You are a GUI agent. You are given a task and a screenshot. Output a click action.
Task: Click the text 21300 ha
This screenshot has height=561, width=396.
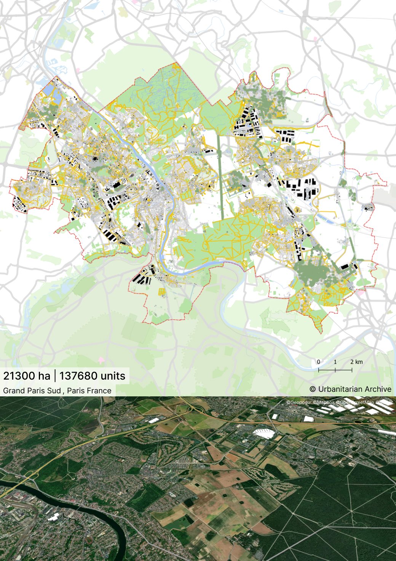point(27,376)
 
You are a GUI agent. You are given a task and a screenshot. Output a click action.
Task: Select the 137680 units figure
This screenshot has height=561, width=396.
point(92,376)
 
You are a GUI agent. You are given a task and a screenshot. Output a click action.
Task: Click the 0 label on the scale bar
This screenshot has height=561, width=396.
point(319,362)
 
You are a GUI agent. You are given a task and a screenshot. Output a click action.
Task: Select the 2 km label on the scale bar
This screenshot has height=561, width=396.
point(356,362)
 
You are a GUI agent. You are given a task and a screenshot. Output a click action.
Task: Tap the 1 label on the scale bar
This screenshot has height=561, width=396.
point(335,362)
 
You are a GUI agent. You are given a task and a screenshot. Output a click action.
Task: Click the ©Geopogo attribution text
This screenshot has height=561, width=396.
point(299,402)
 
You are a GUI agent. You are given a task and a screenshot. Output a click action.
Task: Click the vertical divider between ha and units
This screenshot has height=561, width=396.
point(55,376)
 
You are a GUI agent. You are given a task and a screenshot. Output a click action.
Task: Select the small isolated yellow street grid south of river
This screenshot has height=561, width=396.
point(162,292)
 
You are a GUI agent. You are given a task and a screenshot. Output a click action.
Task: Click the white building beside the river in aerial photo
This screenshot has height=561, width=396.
point(54,517)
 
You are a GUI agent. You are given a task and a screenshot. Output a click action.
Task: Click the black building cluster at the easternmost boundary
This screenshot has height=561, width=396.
point(368,208)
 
